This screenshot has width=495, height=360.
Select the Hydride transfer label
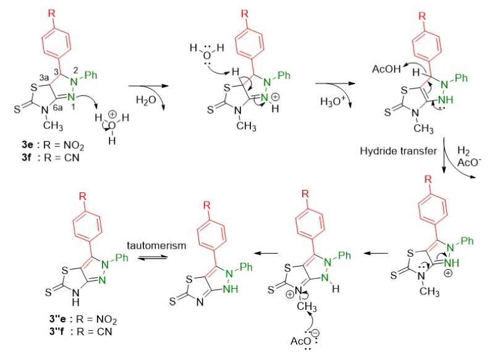pyautogui.click(x=399, y=150)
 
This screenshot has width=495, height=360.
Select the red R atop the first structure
pyautogui.click(x=56, y=11)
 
